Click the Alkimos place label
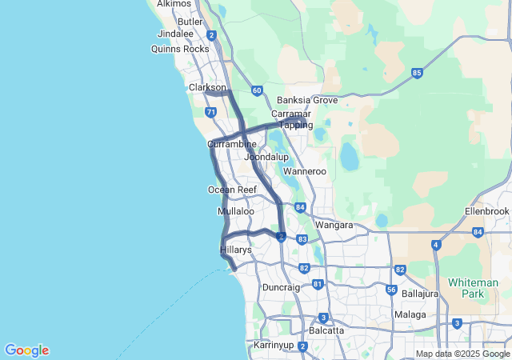(x=175, y=4)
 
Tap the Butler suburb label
(x=190, y=22)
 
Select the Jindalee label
(x=176, y=34)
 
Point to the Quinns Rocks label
(x=180, y=49)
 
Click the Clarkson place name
(x=207, y=87)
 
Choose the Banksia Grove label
(x=307, y=101)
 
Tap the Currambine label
(x=232, y=144)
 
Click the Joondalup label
(x=266, y=158)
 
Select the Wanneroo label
(x=306, y=171)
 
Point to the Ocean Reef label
(x=232, y=190)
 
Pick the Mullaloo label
(x=235, y=211)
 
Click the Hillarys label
(x=236, y=250)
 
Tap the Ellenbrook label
(x=486, y=211)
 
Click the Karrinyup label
(x=274, y=346)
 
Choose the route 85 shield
(x=417, y=73)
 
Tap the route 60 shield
(x=256, y=90)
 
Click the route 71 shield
(x=210, y=113)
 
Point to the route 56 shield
(x=391, y=290)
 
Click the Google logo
(x=26, y=350)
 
